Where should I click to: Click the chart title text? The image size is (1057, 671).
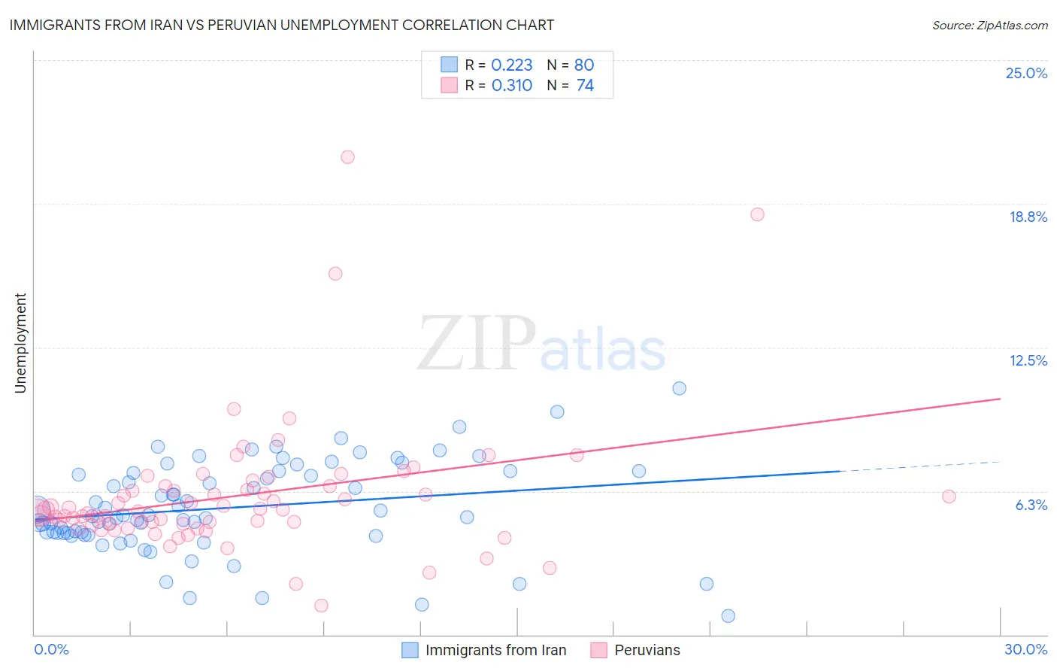(281, 25)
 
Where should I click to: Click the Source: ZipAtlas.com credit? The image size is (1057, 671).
(989, 25)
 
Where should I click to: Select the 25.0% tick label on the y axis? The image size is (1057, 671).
(1026, 73)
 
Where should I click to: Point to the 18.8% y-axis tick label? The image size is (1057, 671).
(1028, 217)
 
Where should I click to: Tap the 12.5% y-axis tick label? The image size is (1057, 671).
(1028, 360)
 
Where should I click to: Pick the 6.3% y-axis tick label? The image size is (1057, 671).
(1031, 505)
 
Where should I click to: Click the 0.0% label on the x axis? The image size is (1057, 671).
(51, 649)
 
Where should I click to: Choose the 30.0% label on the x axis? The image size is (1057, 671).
(1025, 649)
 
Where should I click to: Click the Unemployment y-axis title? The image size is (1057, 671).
(20, 343)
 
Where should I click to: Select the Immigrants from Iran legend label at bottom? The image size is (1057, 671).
(495, 650)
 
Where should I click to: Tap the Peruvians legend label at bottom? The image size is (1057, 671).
(647, 650)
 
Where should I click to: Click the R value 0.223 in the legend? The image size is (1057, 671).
(511, 65)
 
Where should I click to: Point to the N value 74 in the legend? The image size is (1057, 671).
(585, 86)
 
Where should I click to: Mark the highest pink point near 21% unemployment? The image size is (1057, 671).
(347, 157)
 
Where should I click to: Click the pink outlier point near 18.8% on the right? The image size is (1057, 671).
(757, 214)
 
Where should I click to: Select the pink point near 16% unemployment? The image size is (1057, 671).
(335, 274)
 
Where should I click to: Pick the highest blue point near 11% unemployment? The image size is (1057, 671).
(680, 388)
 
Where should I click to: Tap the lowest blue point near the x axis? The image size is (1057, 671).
(728, 616)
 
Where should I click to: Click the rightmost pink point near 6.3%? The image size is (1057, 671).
(949, 496)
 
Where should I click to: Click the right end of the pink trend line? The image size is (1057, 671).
(1000, 399)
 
